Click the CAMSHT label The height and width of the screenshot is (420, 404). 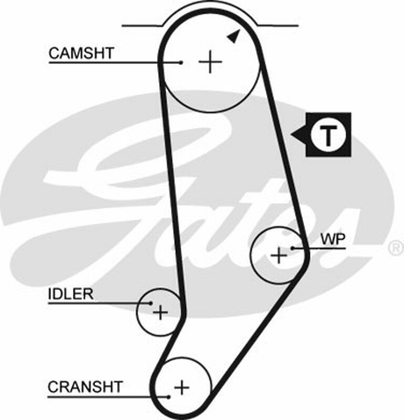(81, 53)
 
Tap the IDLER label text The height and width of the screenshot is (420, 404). (70, 294)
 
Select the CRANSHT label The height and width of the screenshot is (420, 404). (85, 387)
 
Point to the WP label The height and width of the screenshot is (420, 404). (333, 239)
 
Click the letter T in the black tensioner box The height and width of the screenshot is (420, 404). (328, 135)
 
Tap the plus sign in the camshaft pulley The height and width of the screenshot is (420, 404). (210, 62)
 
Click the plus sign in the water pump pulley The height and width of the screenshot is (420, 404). (279, 256)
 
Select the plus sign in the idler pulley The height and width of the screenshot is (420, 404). (160, 313)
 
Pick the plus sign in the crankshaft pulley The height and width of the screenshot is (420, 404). (182, 387)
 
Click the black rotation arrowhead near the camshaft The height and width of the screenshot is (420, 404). (234, 36)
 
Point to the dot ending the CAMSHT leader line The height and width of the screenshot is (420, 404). (181, 63)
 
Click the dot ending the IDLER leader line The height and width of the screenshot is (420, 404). (151, 303)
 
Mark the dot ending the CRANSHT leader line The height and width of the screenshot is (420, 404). (169, 396)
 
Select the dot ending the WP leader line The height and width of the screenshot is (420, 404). (293, 248)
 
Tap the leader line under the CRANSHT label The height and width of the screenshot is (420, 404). (105, 396)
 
